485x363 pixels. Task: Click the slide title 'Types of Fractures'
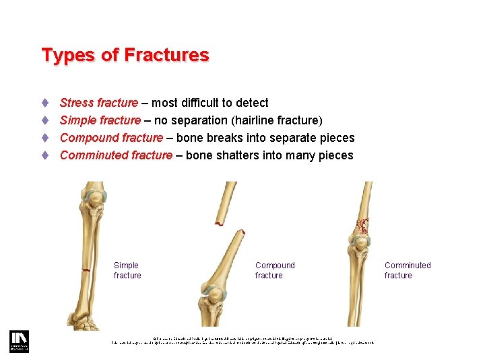[x=125, y=55]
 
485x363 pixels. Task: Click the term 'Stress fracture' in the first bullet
[x=99, y=103]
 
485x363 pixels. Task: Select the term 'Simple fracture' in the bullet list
[x=100, y=120]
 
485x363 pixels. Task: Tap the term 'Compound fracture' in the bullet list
[x=111, y=138]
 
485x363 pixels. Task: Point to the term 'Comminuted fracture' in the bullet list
[x=116, y=155]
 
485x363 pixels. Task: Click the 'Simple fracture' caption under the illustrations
[x=127, y=270]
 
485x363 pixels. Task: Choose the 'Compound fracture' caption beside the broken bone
[x=275, y=270]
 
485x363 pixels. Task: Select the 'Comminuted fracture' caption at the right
[x=408, y=270]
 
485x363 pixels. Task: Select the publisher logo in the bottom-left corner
[x=18, y=341]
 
